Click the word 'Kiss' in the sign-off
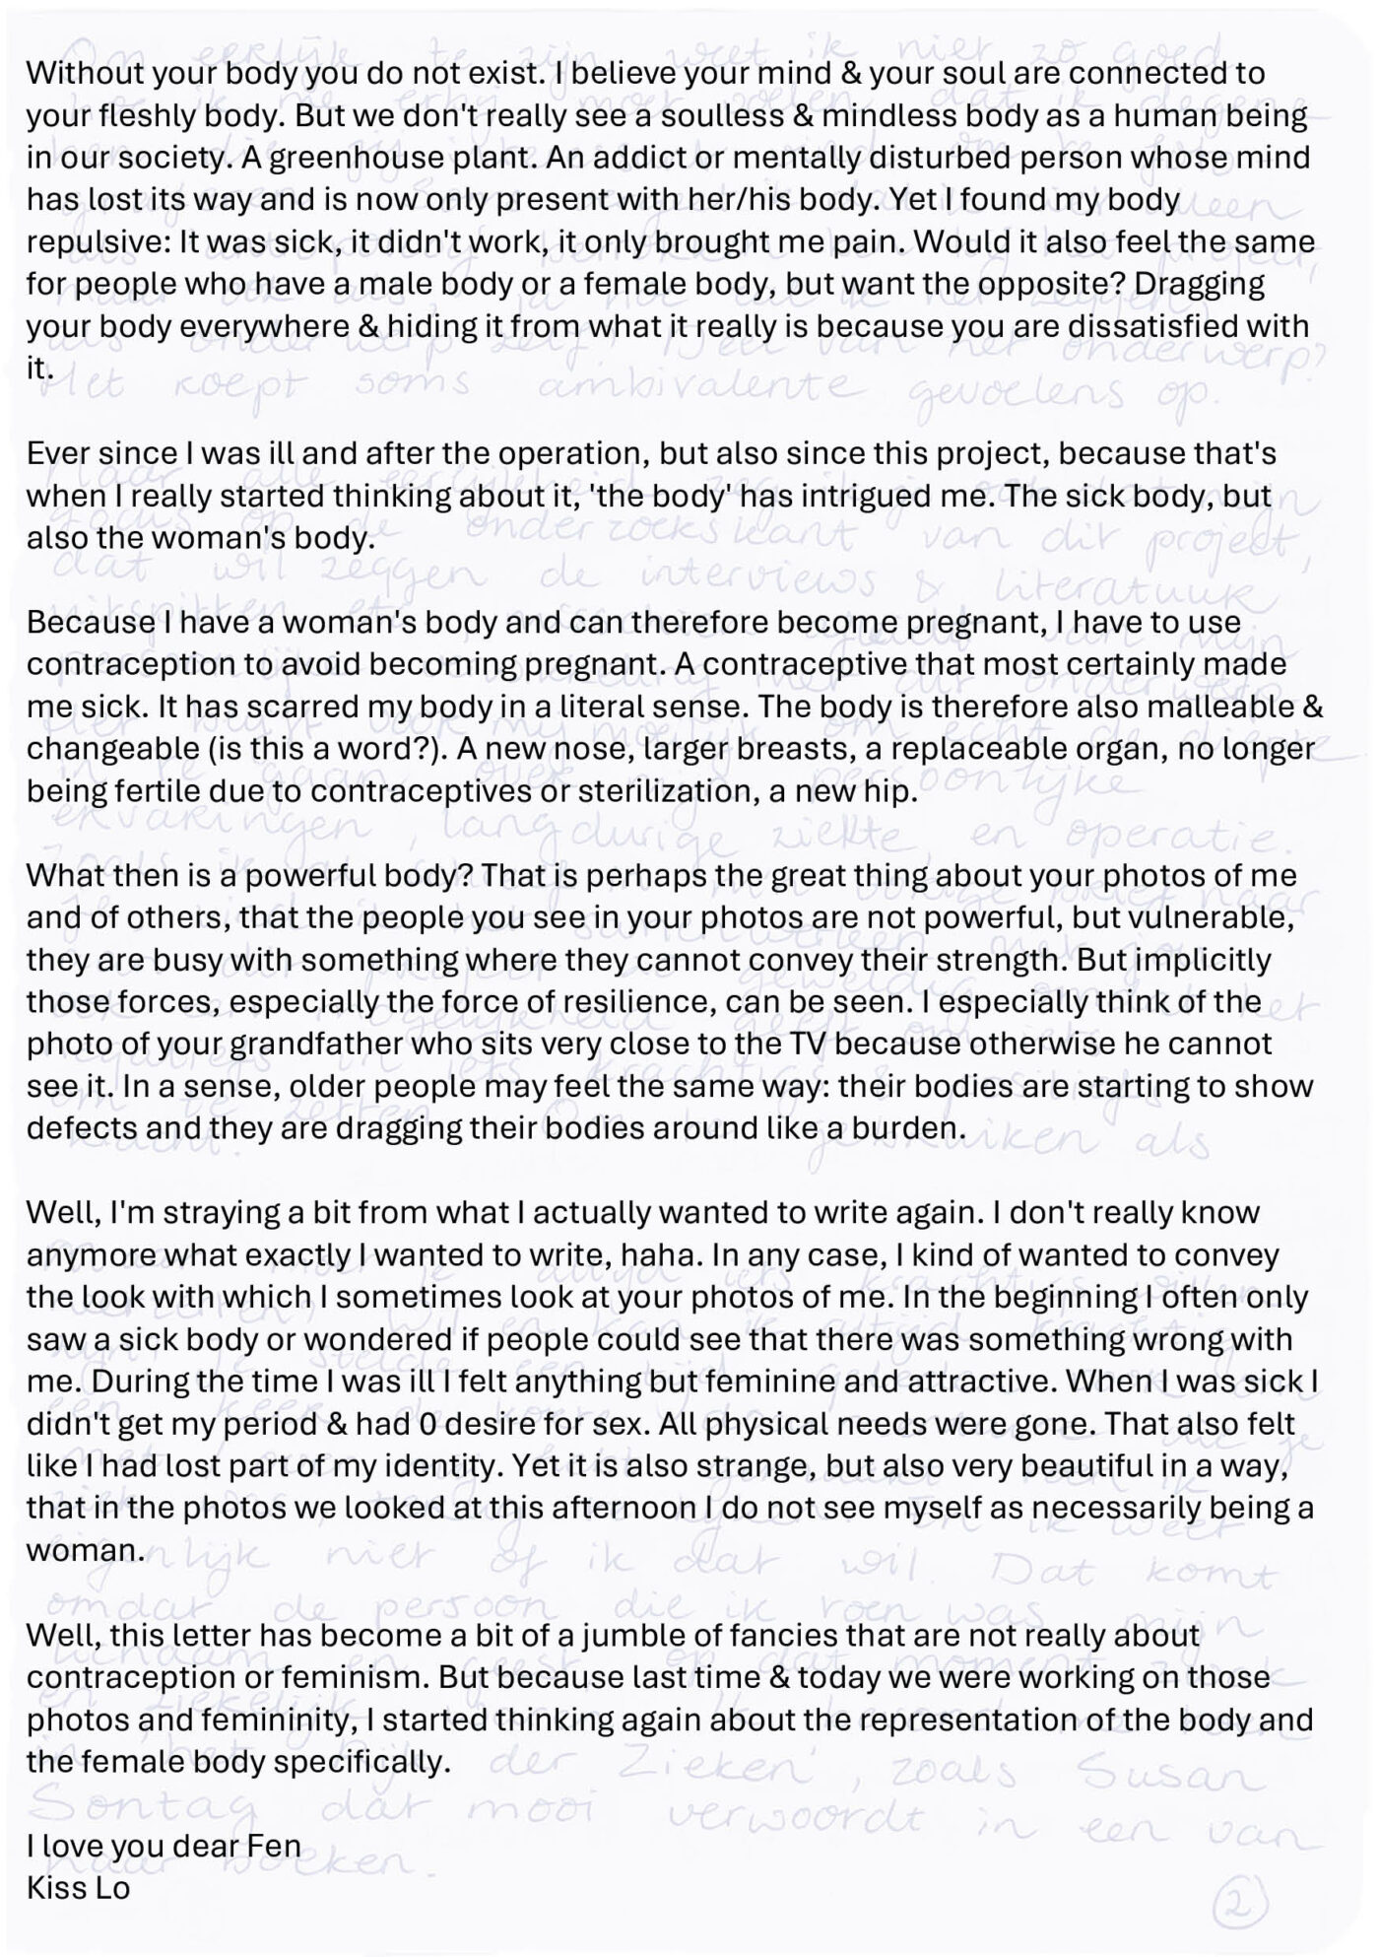point(59,1890)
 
